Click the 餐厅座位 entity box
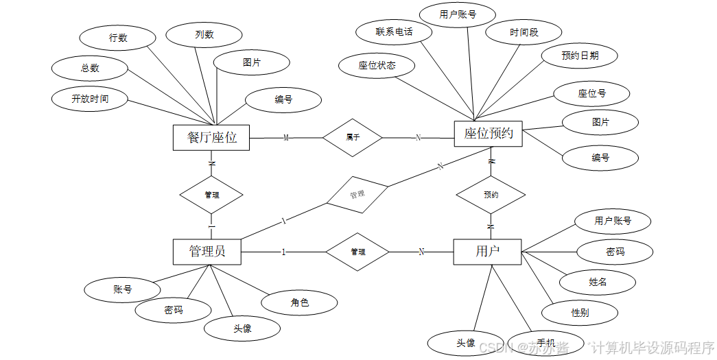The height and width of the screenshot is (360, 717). pyautogui.click(x=211, y=137)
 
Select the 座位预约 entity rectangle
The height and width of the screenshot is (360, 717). pyautogui.click(x=488, y=134)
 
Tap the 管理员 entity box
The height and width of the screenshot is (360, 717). pyautogui.click(x=207, y=252)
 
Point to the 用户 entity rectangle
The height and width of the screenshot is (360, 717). pyautogui.click(x=487, y=252)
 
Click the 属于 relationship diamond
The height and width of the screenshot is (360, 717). pyautogui.click(x=353, y=137)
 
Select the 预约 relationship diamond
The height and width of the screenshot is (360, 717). pyautogui.click(x=491, y=195)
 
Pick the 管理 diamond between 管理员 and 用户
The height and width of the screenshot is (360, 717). pyautogui.click(x=357, y=252)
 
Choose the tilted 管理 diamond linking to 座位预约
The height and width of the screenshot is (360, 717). pyautogui.click(x=357, y=195)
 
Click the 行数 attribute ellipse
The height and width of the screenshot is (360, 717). pyautogui.click(x=118, y=38)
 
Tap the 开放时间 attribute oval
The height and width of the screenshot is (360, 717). pyautogui.click(x=90, y=99)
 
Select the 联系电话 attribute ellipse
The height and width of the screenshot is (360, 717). pyautogui.click(x=394, y=32)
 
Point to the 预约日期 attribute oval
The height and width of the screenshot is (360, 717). pyautogui.click(x=579, y=56)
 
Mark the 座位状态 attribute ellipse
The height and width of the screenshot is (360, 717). pyautogui.click(x=377, y=66)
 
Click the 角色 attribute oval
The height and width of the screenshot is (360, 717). pyautogui.click(x=300, y=302)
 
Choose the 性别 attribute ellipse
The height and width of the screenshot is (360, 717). pyautogui.click(x=579, y=313)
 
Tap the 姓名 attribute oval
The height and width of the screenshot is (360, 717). pyautogui.click(x=597, y=282)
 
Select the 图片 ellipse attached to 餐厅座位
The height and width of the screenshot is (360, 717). pyautogui.click(x=251, y=62)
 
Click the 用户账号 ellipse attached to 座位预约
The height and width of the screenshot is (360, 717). pyautogui.click(x=458, y=14)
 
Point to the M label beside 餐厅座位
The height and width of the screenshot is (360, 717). pyautogui.click(x=286, y=138)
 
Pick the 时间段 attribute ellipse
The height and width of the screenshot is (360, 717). pyautogui.click(x=524, y=32)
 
